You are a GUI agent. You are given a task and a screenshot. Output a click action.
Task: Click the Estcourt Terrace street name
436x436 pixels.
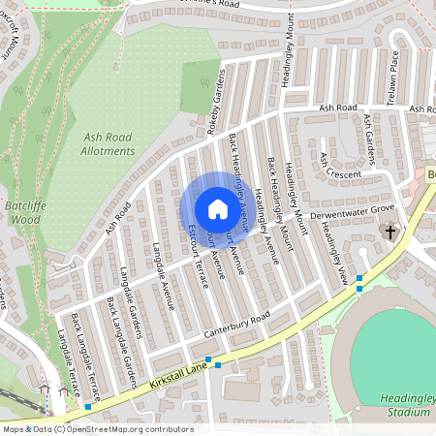point(200,256)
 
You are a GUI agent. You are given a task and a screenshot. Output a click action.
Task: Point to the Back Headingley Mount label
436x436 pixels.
point(284,194)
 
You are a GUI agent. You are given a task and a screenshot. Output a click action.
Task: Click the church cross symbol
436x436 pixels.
point(391,232)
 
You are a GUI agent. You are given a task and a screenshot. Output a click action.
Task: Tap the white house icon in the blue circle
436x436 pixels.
point(218,208)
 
